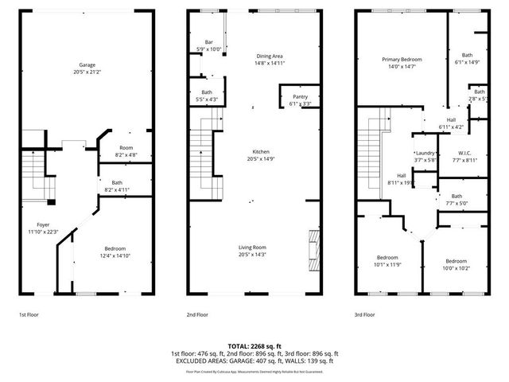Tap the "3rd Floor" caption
click(x=364, y=316)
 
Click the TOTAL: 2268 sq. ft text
click(x=254, y=346)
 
